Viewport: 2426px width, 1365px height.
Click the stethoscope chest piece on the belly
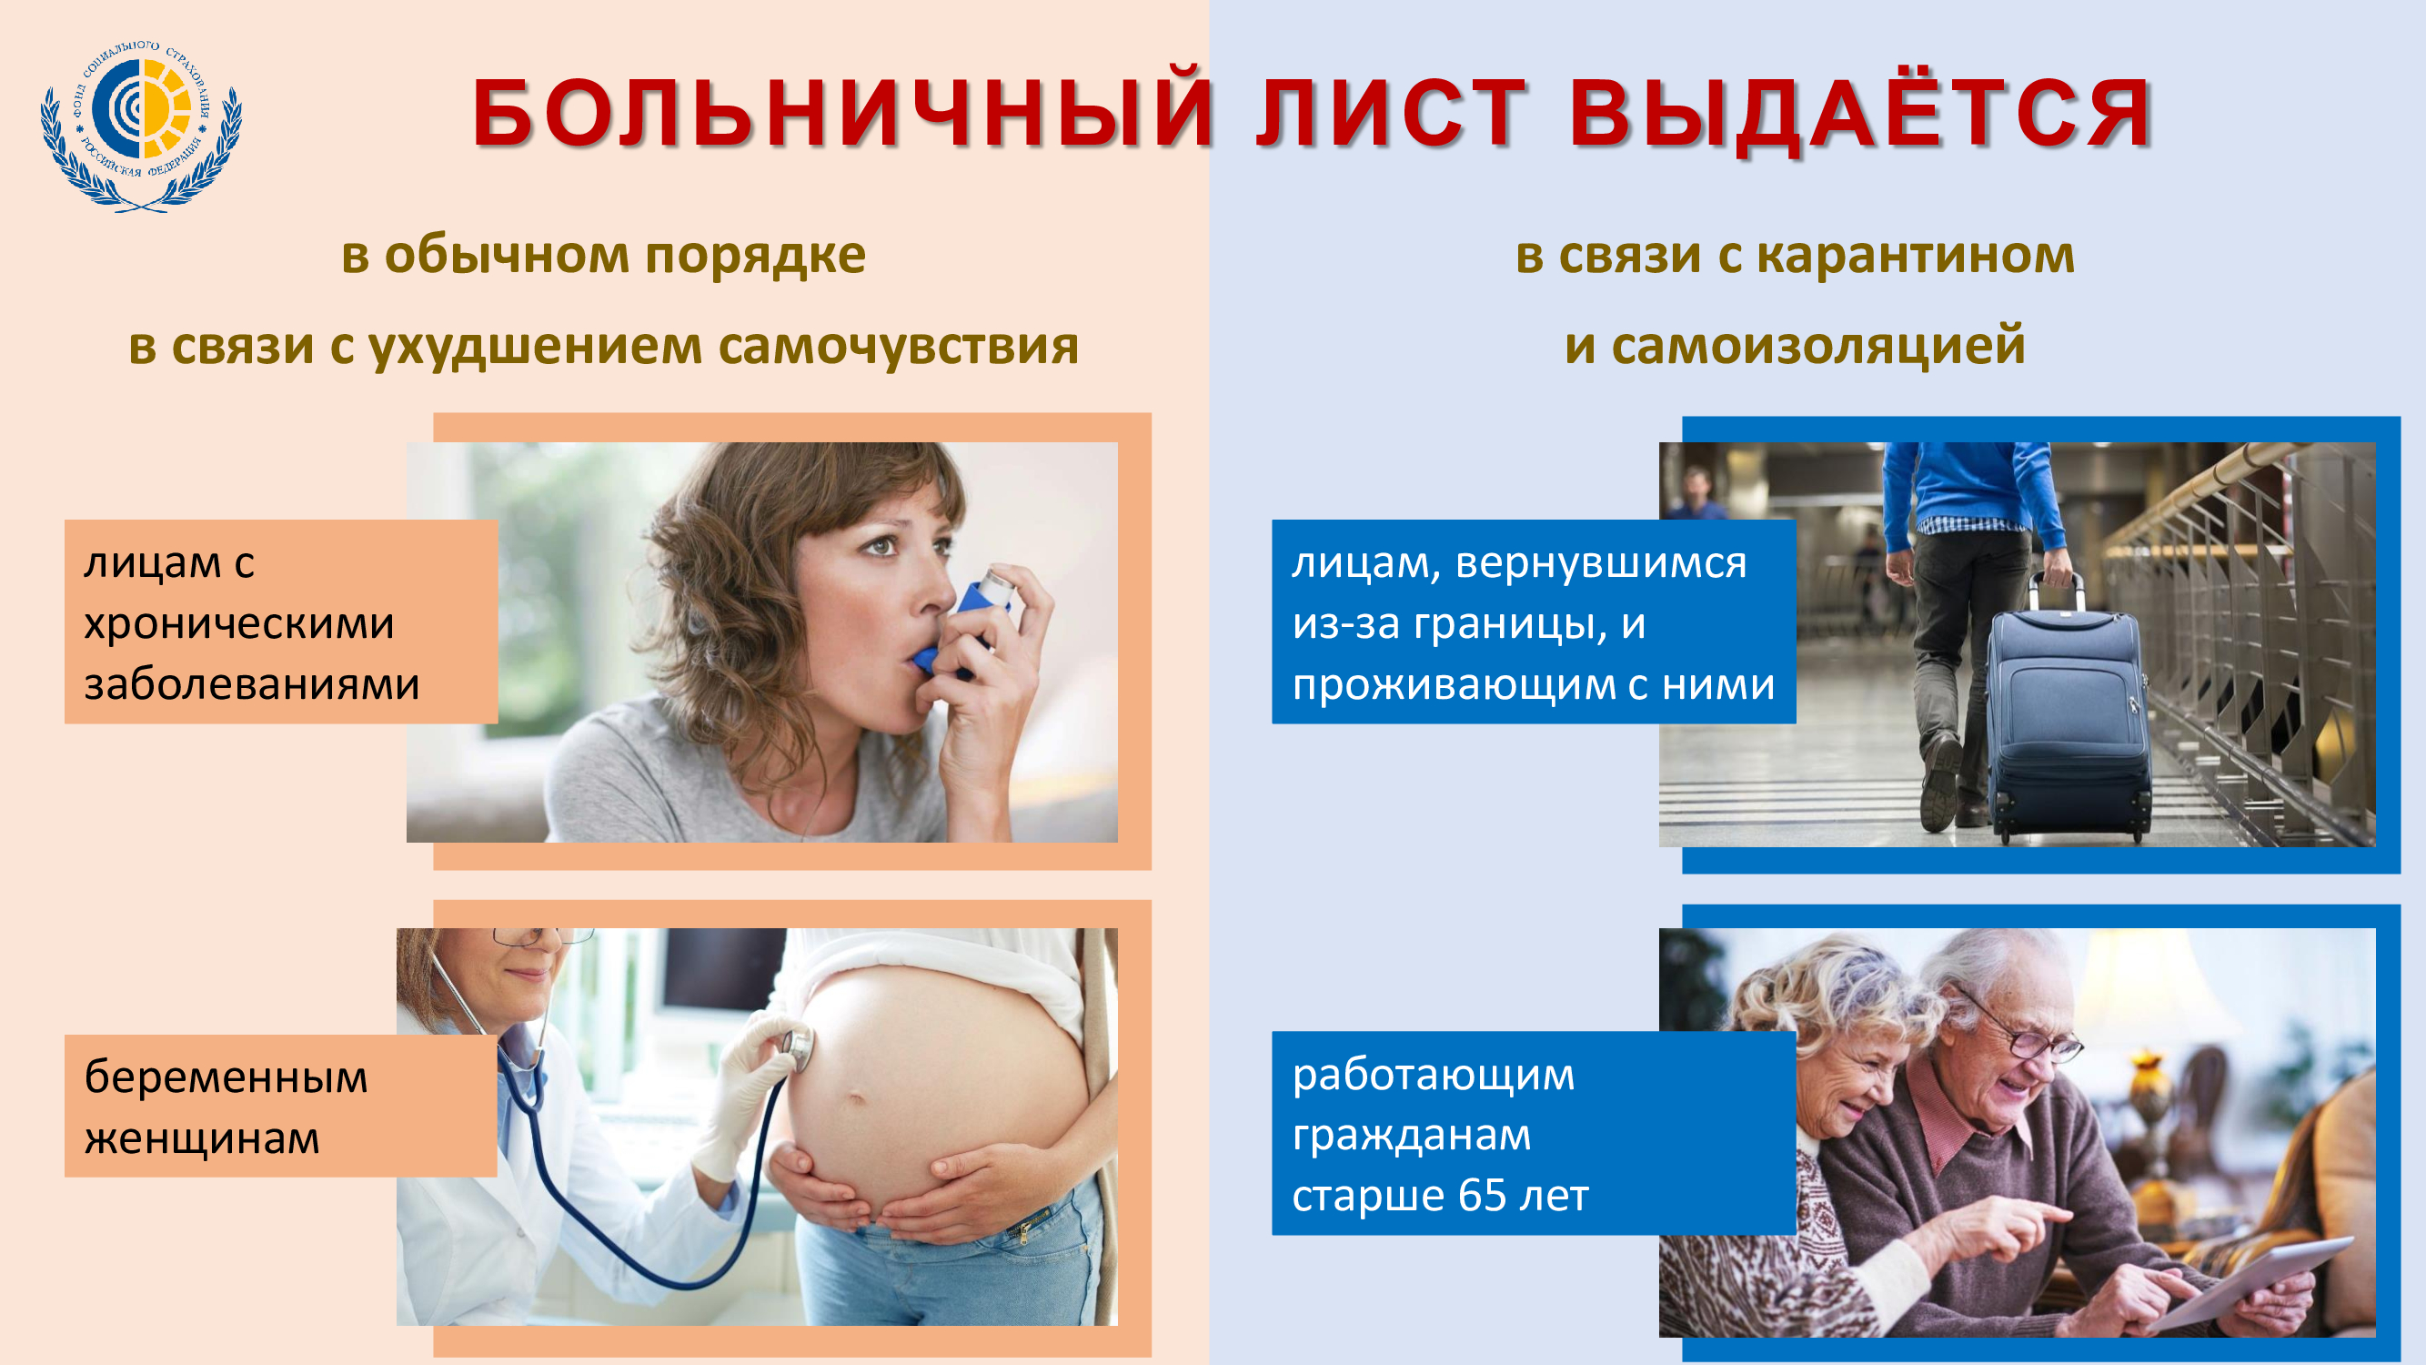tap(797, 1046)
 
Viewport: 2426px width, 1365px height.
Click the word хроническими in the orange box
tap(239, 623)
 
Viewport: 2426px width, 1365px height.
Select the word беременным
tap(226, 1077)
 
